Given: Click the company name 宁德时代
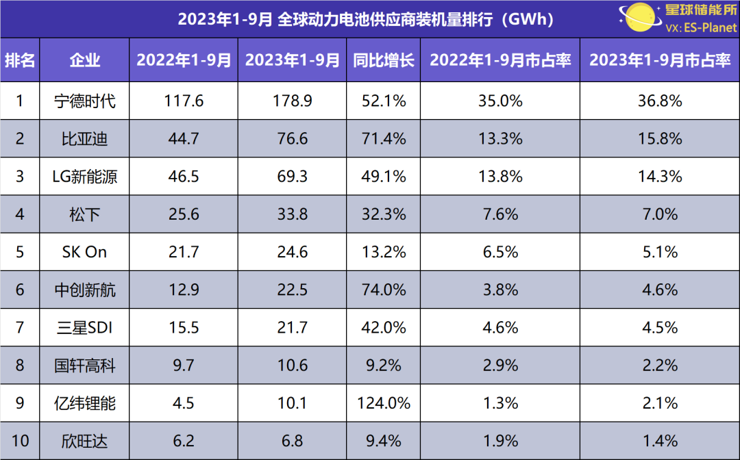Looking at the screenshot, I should click(x=84, y=101).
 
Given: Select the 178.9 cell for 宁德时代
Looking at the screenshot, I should click(x=293, y=101).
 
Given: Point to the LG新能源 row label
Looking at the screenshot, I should click(x=84, y=177).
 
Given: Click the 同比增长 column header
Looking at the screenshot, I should click(x=384, y=60).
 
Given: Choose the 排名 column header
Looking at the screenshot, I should click(x=20, y=60).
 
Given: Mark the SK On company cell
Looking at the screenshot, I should click(x=84, y=252).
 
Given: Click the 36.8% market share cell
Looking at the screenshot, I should click(x=660, y=101).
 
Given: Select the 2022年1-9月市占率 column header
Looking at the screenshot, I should click(x=500, y=60).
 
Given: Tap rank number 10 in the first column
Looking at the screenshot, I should click(x=20, y=441).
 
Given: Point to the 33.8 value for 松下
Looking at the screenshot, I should click(x=293, y=214).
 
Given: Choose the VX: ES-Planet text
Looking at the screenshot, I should click(x=700, y=28).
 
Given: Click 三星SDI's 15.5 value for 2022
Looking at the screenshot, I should click(x=184, y=328).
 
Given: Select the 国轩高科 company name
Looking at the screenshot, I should click(x=84, y=366).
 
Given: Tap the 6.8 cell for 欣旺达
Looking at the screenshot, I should click(x=293, y=441).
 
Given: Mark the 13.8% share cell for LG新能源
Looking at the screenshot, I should click(x=500, y=177).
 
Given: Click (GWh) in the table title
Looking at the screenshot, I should click(x=527, y=19).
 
